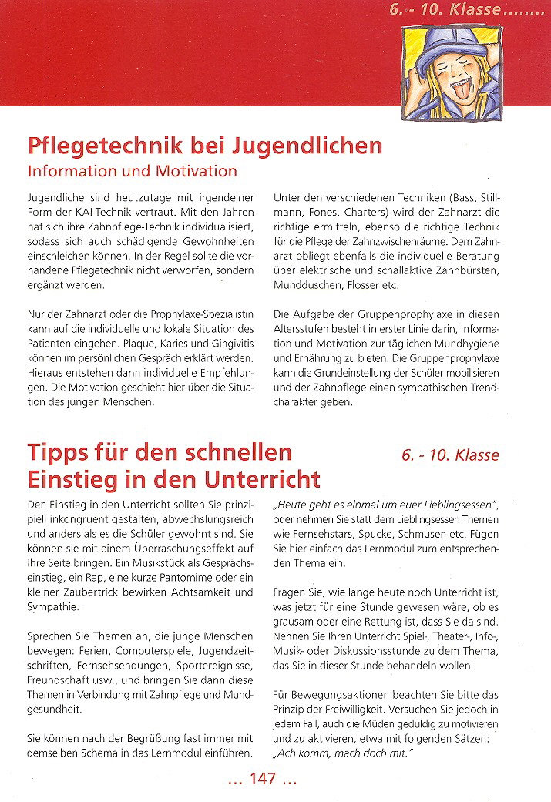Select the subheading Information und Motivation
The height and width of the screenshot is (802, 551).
pyautogui.click(x=132, y=169)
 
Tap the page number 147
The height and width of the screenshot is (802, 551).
pyautogui.click(x=262, y=780)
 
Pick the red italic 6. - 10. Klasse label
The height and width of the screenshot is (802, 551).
pyautogui.click(x=449, y=454)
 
